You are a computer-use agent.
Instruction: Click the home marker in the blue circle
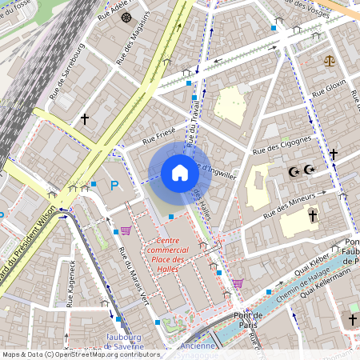(x=180, y=173)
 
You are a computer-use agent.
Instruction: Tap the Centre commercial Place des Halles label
(x=169, y=254)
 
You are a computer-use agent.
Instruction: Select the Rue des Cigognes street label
(x=281, y=145)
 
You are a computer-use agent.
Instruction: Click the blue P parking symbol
(x=114, y=186)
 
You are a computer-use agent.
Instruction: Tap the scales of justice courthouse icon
(x=329, y=60)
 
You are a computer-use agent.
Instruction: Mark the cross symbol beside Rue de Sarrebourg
(x=84, y=119)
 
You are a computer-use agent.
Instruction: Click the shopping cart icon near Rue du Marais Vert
(x=126, y=231)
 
